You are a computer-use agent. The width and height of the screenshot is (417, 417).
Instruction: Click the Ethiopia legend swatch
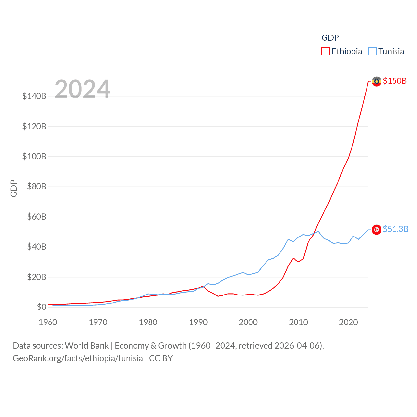click(325, 51)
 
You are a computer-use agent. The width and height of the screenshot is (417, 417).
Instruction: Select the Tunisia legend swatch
click(372, 51)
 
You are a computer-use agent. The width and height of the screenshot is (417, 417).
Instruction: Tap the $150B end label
click(395, 81)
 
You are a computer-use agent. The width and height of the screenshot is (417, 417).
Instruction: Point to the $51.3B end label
click(395, 229)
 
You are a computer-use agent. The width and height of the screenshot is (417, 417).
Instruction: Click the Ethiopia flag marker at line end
click(377, 81)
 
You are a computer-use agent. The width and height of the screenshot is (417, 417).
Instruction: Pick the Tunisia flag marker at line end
click(377, 230)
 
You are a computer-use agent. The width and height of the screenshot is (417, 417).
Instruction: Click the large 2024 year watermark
click(82, 89)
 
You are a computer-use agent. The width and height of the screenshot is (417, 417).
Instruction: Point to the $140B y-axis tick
click(34, 96)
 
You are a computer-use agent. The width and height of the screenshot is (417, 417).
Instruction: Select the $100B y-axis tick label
click(34, 156)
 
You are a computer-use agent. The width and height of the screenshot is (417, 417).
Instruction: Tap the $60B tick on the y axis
click(36, 217)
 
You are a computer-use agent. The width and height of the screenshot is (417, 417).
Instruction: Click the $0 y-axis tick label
click(41, 307)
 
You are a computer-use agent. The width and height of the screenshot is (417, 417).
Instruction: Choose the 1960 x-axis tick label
click(48, 322)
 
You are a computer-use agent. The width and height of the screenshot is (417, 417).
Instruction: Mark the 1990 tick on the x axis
click(198, 322)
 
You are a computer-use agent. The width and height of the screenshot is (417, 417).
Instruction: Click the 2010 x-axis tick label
click(298, 322)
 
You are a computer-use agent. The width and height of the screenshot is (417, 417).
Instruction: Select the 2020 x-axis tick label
click(349, 322)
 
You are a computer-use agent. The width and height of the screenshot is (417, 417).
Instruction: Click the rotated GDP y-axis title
click(14, 188)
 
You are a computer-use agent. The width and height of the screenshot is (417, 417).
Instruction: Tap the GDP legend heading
click(330, 38)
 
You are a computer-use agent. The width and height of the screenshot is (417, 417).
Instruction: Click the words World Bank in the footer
click(87, 345)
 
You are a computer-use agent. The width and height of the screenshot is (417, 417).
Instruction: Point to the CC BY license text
click(161, 358)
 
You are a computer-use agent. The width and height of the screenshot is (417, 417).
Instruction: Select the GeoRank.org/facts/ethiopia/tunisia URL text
click(78, 358)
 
